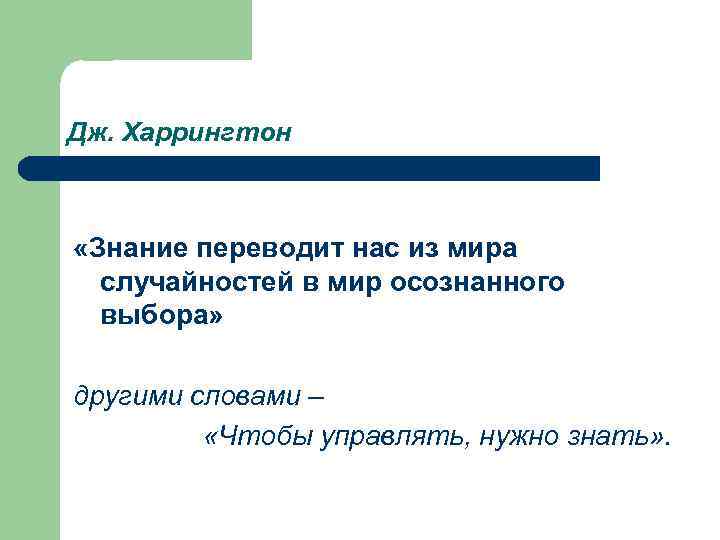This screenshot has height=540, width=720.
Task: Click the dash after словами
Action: pos(316,397)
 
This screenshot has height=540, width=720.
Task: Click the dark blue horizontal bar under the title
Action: pos(320,168)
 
